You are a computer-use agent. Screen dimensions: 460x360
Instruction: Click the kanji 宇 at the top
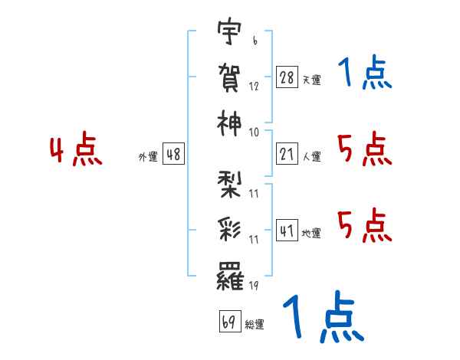click(229, 31)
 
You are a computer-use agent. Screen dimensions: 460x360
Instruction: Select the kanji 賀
click(229, 77)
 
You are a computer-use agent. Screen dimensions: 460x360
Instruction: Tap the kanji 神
click(229, 123)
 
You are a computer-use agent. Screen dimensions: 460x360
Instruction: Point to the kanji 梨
click(229, 185)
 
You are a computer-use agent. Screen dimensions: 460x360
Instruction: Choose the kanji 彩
click(229, 230)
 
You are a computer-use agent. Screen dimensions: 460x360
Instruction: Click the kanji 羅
click(230, 276)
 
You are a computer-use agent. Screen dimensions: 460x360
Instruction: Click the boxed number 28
click(287, 77)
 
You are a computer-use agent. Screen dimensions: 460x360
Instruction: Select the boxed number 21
click(287, 154)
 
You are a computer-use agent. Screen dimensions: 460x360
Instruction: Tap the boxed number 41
click(287, 231)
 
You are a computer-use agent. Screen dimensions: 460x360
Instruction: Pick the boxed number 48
click(173, 154)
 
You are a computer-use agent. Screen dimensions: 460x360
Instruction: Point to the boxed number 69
click(230, 321)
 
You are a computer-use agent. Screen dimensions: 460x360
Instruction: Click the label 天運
click(312, 80)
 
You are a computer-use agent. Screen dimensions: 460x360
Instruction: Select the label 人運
click(312, 156)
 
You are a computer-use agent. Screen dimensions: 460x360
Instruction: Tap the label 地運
click(311, 234)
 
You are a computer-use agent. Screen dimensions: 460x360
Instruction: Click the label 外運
click(148, 156)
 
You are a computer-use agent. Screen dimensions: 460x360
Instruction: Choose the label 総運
click(255, 324)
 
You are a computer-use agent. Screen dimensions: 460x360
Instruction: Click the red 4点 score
click(76, 149)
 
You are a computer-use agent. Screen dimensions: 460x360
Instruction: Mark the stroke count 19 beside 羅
click(254, 285)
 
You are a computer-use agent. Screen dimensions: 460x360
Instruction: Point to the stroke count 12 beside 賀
click(254, 86)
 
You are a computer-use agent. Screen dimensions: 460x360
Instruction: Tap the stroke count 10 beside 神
click(254, 133)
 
